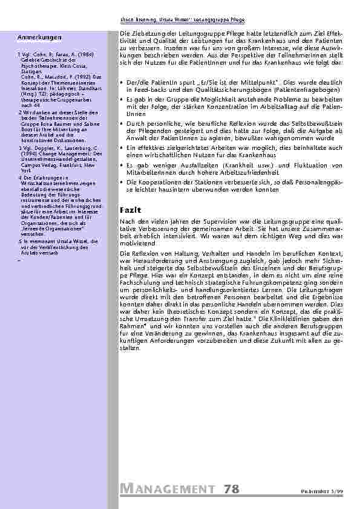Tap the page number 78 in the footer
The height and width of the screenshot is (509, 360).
coord(231,488)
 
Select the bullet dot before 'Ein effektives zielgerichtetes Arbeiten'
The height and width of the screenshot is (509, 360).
coord(123,148)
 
